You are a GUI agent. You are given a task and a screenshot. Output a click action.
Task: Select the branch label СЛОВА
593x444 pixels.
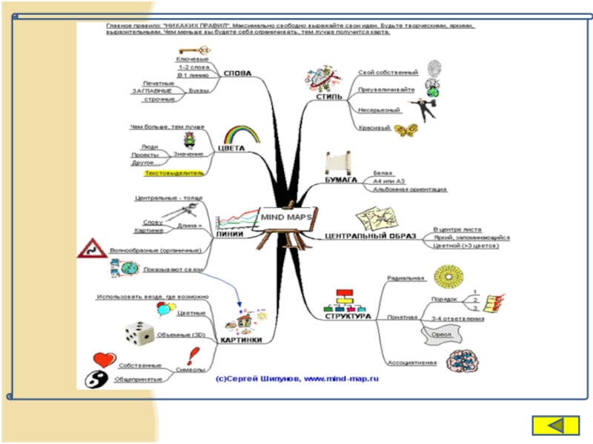click(237, 73)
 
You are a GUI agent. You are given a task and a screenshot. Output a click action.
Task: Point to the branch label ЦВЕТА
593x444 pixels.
click(231, 148)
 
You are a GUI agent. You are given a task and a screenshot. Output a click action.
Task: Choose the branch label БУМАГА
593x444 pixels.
click(341, 180)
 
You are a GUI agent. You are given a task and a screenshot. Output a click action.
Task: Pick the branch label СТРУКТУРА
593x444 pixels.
click(347, 316)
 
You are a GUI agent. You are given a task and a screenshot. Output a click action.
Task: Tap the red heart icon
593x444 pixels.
click(105, 360)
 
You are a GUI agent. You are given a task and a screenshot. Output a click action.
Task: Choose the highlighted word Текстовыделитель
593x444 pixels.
click(173, 172)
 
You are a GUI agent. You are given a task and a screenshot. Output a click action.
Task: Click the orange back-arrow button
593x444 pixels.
click(556, 425)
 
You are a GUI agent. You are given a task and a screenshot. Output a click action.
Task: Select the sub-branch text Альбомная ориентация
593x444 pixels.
click(410, 189)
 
